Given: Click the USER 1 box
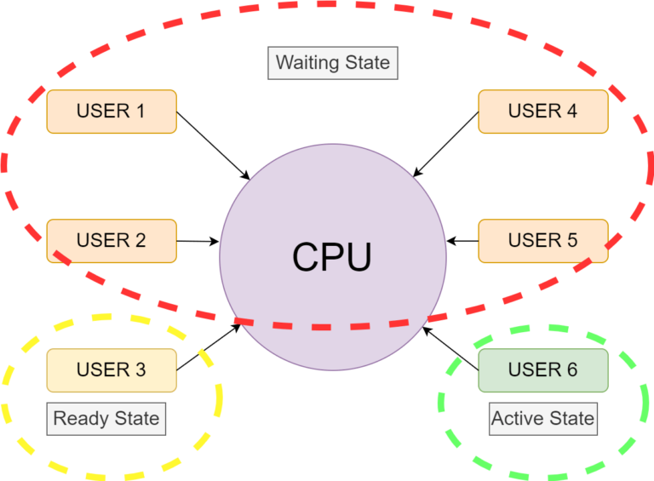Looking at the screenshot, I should pos(112,112).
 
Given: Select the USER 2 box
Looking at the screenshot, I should pos(112,241).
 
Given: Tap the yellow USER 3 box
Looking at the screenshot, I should pos(112,370).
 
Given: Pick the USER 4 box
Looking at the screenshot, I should pos(542,112).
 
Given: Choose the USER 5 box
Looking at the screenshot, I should pos(542,241).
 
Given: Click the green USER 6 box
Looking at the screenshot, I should pos(542,370).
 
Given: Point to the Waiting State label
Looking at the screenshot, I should pos(333,63).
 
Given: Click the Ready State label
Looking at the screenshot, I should pos(106,419).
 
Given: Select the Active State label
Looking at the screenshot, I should pos(542,419).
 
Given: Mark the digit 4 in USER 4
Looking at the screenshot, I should pos(571,112).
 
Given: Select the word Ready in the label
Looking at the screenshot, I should pos(78,419).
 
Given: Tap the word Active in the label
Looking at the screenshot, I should pos(516,419).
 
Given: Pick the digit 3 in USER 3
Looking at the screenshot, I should pos(140,370).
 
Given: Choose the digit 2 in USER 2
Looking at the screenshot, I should pos(140,241).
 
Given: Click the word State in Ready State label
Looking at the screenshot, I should pos(135,419).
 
